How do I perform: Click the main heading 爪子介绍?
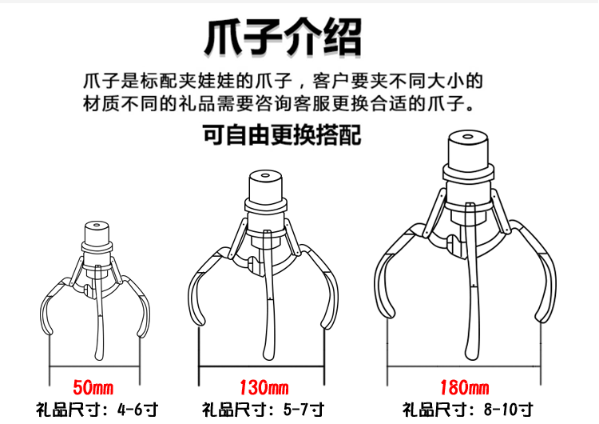[283, 37]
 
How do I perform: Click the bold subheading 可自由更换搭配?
[282, 134]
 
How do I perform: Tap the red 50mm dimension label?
[93, 387]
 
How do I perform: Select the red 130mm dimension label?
[264, 387]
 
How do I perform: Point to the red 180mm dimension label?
[464, 387]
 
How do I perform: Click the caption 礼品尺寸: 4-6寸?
[97, 410]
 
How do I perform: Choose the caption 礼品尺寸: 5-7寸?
[264, 410]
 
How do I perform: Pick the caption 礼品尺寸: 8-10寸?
[467, 410]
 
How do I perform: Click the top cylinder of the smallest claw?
[97, 233]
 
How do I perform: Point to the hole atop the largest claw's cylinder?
[467, 136]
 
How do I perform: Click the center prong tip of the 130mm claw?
[268, 357]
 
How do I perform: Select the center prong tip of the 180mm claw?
[471, 356]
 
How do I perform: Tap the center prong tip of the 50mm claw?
[99, 358]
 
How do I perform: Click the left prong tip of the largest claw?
[389, 314]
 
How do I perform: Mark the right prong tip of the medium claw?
[327, 326]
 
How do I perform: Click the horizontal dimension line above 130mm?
[261, 367]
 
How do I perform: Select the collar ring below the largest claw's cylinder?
[468, 172]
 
